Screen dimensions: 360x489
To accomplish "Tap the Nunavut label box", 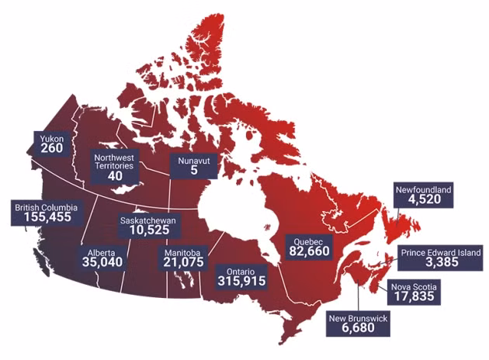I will [194, 164].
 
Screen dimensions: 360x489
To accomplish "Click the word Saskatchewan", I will [148, 220].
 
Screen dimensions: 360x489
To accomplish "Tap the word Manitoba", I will [184, 252].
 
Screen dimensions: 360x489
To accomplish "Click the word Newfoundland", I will [423, 189].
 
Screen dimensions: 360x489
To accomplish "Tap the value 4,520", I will [423, 200].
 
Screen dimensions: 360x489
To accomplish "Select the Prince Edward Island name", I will [441, 252].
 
